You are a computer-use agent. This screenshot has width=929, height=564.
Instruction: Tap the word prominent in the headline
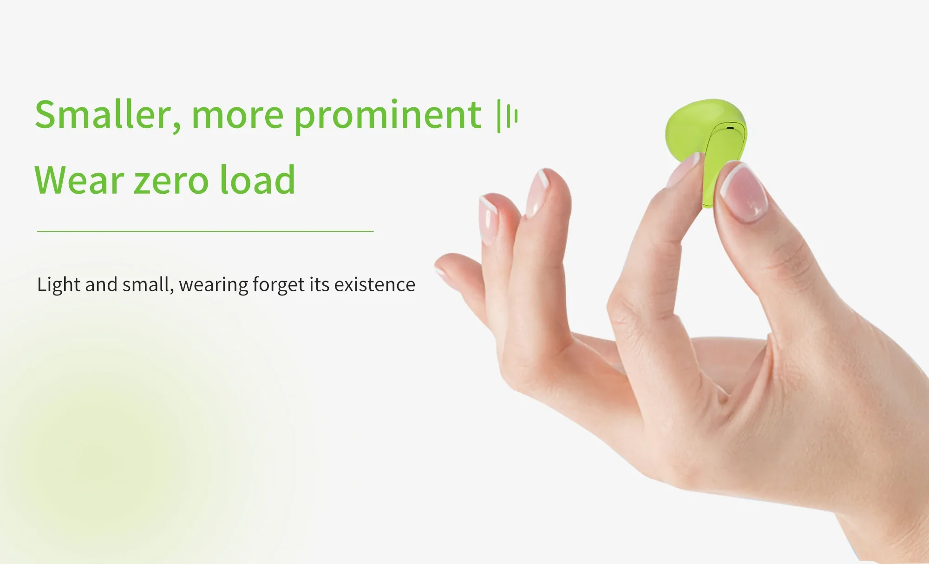(388, 116)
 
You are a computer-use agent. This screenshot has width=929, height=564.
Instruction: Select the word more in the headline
(237, 116)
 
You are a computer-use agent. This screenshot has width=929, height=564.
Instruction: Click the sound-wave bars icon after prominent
(507, 116)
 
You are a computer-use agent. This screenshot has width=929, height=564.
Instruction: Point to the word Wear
(79, 180)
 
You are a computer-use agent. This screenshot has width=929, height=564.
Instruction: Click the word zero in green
(171, 182)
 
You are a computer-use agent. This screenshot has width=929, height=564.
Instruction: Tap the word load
(257, 179)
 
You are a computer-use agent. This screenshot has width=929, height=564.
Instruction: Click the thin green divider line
(205, 231)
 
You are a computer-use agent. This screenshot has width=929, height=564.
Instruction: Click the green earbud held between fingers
(706, 139)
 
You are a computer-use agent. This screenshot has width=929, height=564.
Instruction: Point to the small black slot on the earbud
(730, 128)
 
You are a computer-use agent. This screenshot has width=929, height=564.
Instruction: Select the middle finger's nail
(537, 192)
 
